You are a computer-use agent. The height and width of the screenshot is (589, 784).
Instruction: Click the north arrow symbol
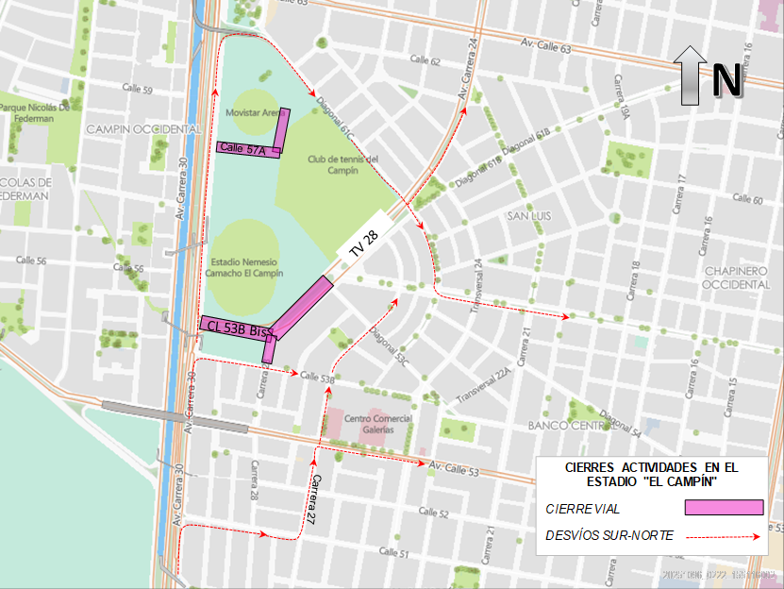point(691,75)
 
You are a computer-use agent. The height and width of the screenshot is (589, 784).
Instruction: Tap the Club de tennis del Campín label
point(342,165)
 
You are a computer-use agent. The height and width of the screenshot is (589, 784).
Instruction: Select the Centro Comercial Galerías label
point(377,424)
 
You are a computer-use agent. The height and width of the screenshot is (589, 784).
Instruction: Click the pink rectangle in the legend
point(724,508)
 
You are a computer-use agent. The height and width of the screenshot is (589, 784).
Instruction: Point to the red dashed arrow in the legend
point(724,536)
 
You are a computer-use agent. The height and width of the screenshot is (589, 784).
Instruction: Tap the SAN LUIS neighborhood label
point(530,216)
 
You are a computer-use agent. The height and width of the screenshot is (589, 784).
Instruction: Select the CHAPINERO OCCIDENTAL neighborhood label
point(737,278)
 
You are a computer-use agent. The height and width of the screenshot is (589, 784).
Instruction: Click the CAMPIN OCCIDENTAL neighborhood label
point(143,128)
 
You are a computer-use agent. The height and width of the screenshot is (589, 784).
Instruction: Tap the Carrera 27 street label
point(312,498)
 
